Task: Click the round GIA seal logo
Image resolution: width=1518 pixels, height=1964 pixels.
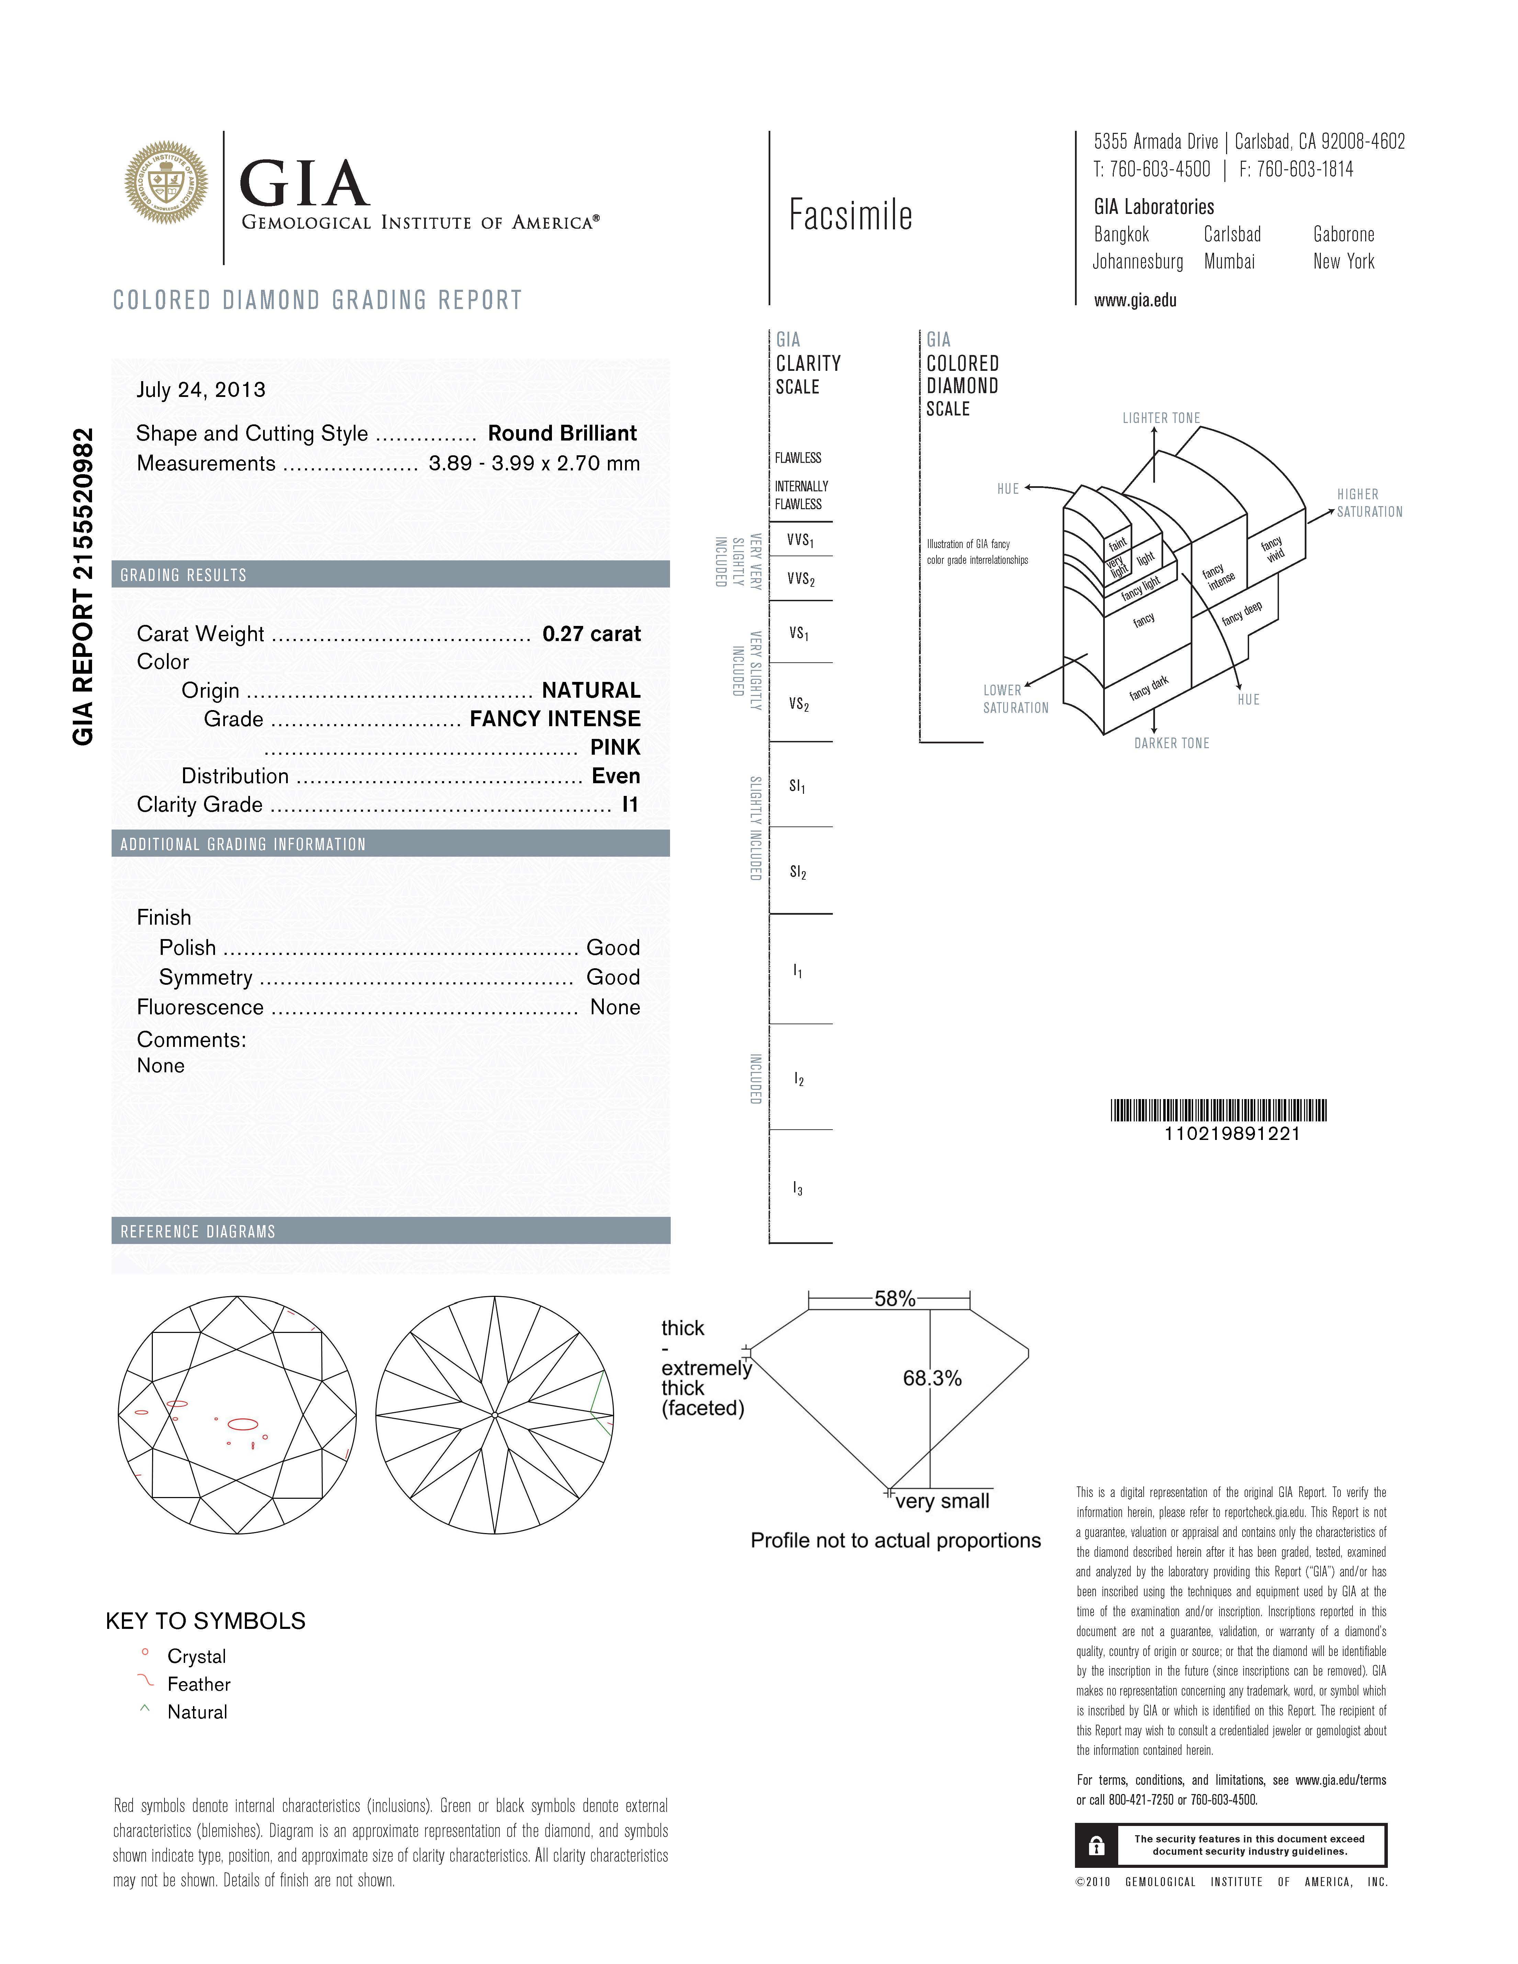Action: coord(166,183)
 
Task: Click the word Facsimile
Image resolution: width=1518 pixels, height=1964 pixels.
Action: coord(850,215)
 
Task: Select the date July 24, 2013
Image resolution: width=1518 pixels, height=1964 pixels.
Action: coord(201,389)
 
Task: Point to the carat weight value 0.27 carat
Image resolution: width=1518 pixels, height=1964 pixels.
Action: coord(591,634)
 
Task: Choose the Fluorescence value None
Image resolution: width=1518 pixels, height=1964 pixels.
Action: coord(615,1007)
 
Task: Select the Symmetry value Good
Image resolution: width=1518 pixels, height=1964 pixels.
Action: coord(613,978)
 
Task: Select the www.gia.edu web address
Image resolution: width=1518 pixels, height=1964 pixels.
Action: coord(1135,300)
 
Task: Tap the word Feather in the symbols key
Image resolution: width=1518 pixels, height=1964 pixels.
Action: coord(199,1684)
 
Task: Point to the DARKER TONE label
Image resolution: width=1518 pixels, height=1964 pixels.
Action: coord(1171,743)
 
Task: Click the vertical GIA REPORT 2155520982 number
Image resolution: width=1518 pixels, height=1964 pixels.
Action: coord(83,586)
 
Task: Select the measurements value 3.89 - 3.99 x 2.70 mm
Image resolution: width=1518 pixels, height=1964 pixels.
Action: coord(534,464)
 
